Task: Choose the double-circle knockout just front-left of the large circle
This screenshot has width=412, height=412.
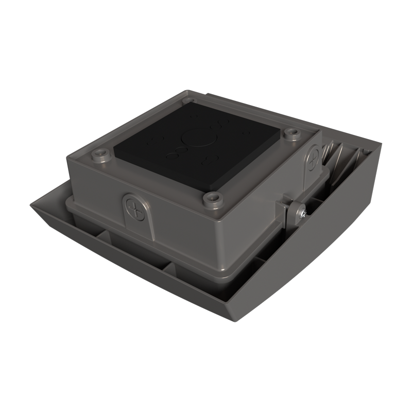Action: pyautogui.click(x=178, y=151)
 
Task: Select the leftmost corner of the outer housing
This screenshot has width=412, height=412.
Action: pyautogui.click(x=32, y=202)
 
